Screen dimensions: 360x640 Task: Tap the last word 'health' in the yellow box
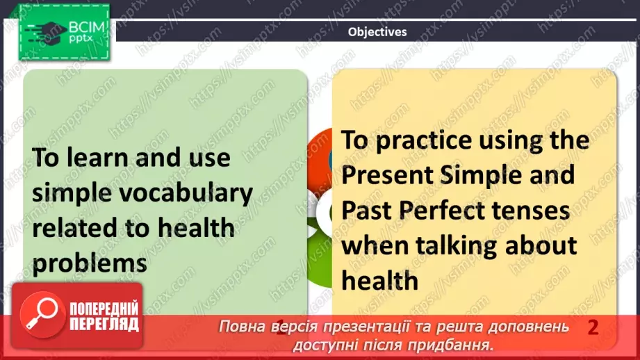[x=379, y=280]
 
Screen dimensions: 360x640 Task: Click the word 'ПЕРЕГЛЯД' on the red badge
[x=104, y=324]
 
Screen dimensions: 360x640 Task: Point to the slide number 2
[x=592, y=327]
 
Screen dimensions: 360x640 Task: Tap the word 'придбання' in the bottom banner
[x=459, y=344]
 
